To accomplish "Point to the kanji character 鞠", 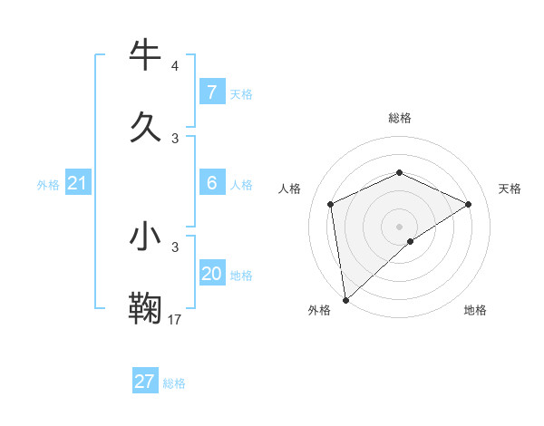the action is click(x=145, y=307).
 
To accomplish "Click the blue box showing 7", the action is click(x=211, y=92).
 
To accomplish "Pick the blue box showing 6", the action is click(x=211, y=183).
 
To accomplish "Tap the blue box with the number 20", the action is click(x=211, y=274).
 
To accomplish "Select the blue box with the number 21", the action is click(x=77, y=184).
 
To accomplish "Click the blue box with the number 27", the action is click(x=144, y=382).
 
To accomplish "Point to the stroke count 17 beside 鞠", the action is click(x=175, y=319).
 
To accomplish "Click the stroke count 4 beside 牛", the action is click(x=175, y=66).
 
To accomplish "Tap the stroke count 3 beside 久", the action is click(x=175, y=138).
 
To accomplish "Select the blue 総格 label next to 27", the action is click(x=174, y=383).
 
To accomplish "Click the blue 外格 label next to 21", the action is click(x=48, y=185).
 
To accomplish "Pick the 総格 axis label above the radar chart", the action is click(x=400, y=118).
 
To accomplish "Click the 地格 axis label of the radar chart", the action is click(x=475, y=311).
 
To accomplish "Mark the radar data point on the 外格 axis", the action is click(x=345, y=299).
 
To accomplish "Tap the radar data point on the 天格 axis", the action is click(x=469, y=204).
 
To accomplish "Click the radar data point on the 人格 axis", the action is click(x=331, y=204).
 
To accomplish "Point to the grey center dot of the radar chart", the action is click(x=400, y=226).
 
